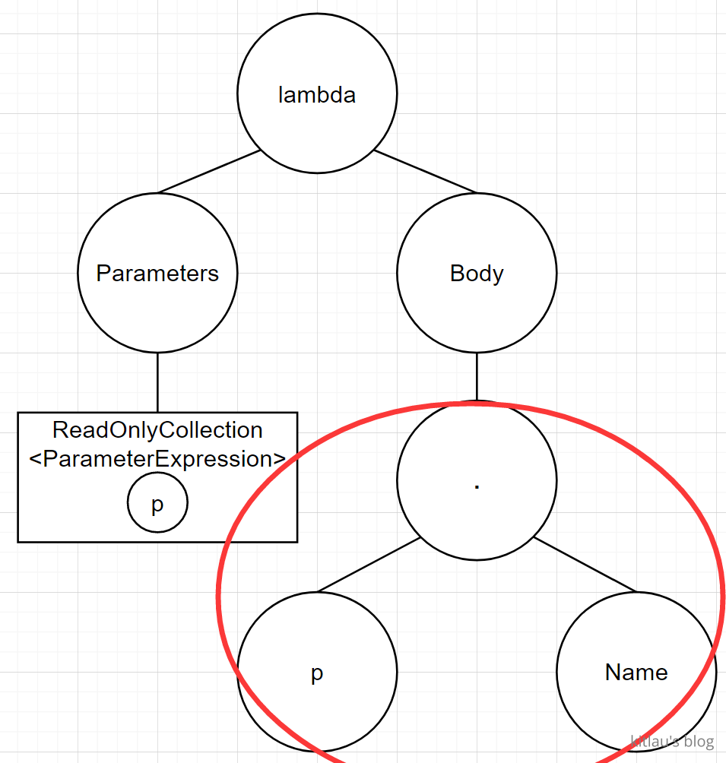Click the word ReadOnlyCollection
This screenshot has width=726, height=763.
tap(157, 430)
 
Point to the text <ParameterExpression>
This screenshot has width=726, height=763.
tap(157, 459)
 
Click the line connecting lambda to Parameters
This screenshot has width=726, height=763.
tap(209, 172)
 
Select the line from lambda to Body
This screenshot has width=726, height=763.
tap(425, 172)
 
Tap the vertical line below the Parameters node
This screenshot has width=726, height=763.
tap(157, 382)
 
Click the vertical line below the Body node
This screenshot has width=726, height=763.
tap(477, 376)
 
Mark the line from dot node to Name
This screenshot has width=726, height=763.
tap(584, 564)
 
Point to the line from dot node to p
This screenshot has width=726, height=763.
tap(369, 564)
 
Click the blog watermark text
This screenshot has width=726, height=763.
tap(672, 741)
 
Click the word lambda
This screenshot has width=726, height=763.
tap(317, 95)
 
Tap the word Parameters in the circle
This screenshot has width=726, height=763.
tap(157, 274)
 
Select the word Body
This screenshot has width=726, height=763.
tap(477, 274)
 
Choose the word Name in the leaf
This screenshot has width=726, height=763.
tap(636, 673)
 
